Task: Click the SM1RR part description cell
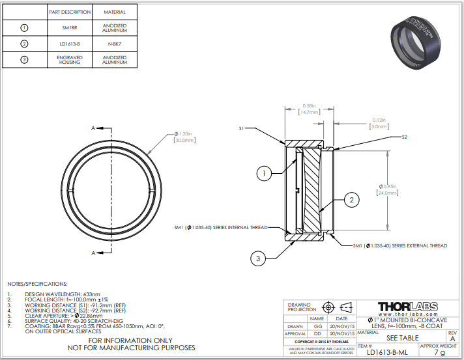[x=69, y=28]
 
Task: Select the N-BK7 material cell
[x=114, y=44]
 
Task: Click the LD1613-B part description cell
[x=69, y=44]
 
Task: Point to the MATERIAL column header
[x=114, y=12]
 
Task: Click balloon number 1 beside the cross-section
[x=263, y=173]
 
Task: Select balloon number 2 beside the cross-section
[x=351, y=200]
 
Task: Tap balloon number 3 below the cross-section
[x=258, y=258]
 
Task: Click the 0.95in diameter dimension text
[x=388, y=187]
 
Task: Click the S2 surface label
[x=405, y=137]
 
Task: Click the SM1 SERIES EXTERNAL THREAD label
[x=400, y=245]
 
